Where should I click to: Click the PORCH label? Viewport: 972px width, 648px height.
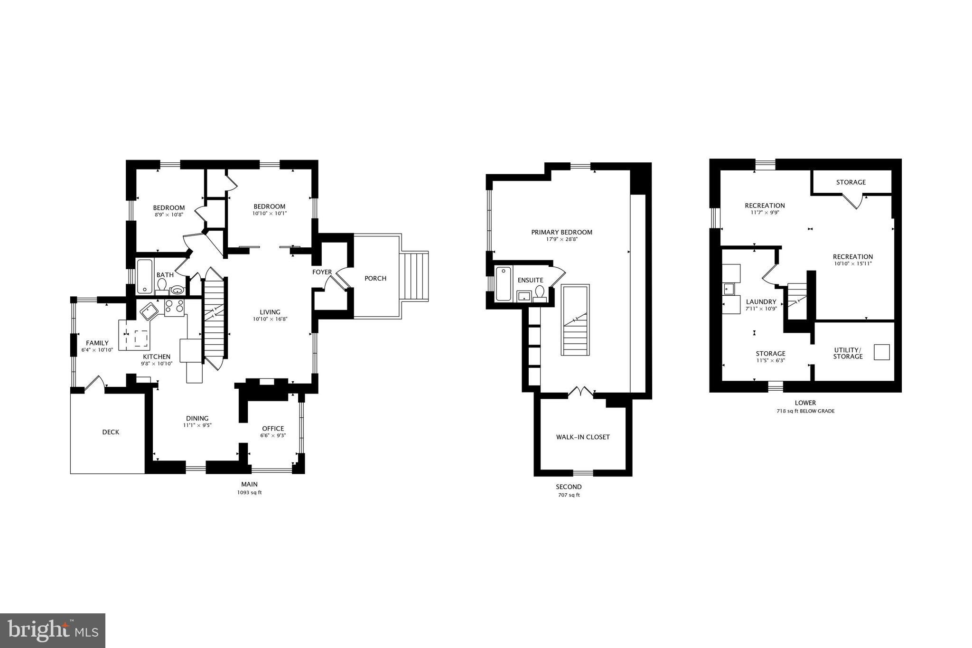coord(375,278)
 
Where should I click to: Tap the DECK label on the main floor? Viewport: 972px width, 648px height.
coord(111,432)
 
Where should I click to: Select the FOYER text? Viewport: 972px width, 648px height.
coord(322,272)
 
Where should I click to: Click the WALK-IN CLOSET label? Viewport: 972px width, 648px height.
coord(583,437)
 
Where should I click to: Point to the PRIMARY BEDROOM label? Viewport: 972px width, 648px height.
coord(561,232)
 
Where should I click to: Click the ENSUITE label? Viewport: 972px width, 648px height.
coord(530,280)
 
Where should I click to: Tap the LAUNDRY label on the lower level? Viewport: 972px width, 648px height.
coord(761,301)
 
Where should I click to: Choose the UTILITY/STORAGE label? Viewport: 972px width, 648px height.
coord(848,353)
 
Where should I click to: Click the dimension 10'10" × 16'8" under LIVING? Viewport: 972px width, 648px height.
coord(270,319)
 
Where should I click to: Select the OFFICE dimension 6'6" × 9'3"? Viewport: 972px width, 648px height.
coord(273,435)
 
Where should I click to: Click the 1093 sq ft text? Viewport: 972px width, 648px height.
coord(249,492)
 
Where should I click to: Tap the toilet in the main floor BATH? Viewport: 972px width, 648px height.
coord(162,285)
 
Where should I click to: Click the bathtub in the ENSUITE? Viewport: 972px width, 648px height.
coord(503,283)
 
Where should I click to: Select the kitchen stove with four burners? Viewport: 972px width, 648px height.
coord(174,308)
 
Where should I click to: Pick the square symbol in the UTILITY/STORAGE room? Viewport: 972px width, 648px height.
coord(882,352)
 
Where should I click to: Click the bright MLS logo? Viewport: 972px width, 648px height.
coord(53,630)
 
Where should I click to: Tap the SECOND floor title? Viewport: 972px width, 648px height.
coord(569,487)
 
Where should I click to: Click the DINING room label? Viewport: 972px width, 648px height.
coord(197,418)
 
